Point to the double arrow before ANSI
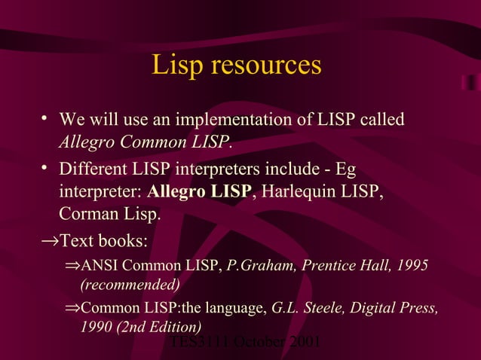pos(72,266)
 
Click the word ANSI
pos(100,266)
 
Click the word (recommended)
pos(130,285)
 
